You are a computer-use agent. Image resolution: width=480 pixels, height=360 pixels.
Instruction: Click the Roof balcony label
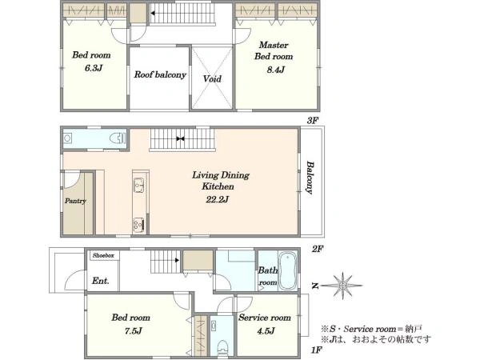point(160,74)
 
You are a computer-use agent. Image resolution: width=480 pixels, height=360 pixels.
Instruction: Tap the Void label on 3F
point(212,79)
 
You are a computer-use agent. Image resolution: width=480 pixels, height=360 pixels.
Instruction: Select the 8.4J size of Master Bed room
point(275,70)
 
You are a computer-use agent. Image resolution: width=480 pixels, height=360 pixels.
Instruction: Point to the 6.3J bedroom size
point(94,68)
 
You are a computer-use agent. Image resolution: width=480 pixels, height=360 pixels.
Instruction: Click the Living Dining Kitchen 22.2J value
point(218,200)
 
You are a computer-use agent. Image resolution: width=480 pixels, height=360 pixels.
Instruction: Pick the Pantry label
point(75,201)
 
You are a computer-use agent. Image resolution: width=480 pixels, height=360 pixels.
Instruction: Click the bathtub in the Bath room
point(287,270)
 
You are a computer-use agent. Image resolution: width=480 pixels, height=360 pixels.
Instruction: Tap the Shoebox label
point(103,255)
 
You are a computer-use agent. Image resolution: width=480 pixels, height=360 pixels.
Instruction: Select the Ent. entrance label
point(101,281)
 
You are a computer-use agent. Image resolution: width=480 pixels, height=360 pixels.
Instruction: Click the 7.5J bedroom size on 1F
point(133,330)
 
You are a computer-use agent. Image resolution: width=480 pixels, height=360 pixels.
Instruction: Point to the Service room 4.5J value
point(266,330)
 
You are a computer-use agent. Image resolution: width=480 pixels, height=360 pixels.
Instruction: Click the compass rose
point(343,286)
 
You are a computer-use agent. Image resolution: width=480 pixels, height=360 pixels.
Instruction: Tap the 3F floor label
point(313,121)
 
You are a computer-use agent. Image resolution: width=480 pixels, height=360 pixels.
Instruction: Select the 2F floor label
point(318,249)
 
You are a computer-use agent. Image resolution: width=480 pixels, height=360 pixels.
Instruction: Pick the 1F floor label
point(317,350)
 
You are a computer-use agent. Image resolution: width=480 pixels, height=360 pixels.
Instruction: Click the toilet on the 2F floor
point(118,138)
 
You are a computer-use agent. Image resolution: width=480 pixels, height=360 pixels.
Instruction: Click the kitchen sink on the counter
point(139,186)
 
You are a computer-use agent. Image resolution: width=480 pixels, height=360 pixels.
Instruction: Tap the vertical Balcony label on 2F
point(310,178)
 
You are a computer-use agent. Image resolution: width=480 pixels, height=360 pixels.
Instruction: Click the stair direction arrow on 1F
point(177,261)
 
